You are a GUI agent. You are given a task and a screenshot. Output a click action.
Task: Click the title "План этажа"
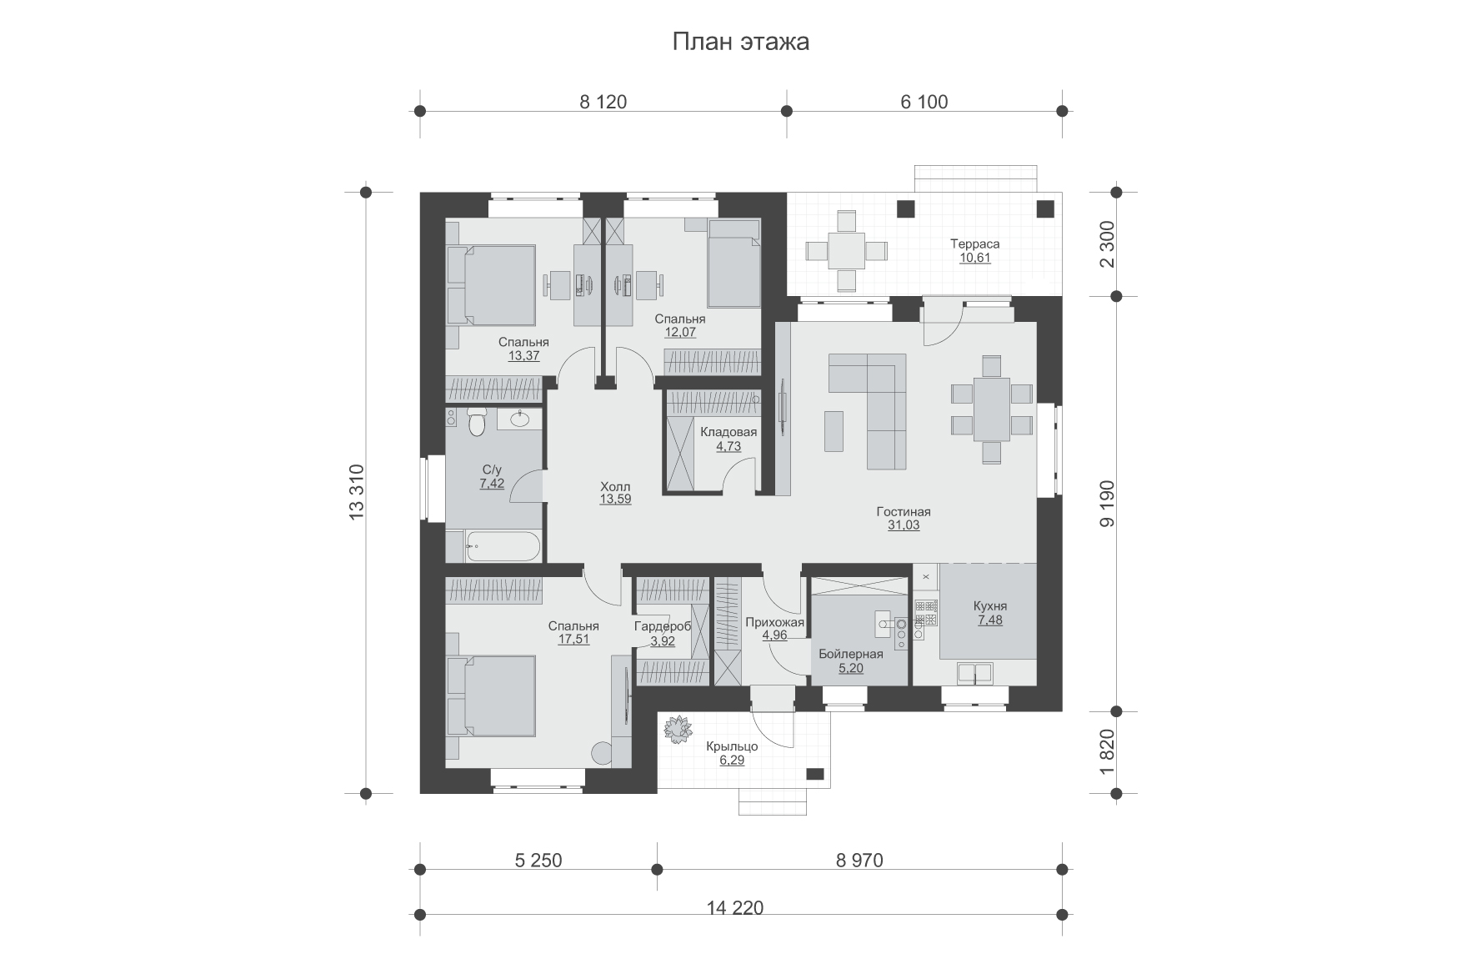(740, 42)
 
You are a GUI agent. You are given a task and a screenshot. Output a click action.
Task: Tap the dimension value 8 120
(603, 102)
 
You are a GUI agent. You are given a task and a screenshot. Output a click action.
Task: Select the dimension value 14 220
(734, 907)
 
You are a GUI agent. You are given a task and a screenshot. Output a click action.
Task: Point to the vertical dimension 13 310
(358, 492)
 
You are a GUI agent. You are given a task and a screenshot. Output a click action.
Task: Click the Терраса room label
(974, 244)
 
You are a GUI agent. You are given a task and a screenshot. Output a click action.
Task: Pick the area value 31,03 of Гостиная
(904, 525)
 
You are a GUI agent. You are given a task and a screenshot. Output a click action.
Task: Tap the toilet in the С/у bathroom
(477, 422)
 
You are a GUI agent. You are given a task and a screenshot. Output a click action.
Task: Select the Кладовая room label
(728, 432)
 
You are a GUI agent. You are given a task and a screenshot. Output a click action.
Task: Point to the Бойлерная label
(849, 654)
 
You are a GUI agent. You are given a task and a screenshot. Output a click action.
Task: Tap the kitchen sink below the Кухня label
(974, 673)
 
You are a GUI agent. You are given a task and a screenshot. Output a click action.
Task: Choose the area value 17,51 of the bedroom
(573, 640)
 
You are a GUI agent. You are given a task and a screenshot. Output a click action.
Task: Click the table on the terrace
(846, 250)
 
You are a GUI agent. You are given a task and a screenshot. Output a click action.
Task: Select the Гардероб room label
(663, 626)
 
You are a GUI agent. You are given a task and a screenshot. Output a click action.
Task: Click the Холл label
(615, 487)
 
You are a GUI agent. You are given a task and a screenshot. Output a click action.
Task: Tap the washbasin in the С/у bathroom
(520, 418)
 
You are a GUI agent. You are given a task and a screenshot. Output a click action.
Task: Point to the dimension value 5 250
(538, 860)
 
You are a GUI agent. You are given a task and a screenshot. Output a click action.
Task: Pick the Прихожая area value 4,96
(774, 635)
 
